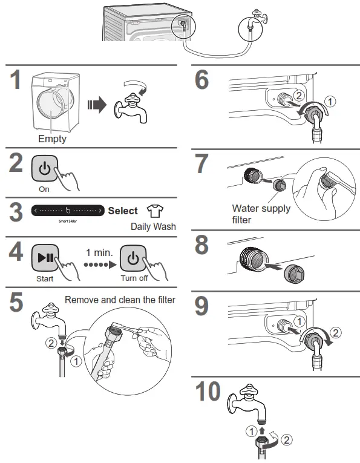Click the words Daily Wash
click(x=152, y=226)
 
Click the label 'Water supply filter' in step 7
click(x=261, y=213)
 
